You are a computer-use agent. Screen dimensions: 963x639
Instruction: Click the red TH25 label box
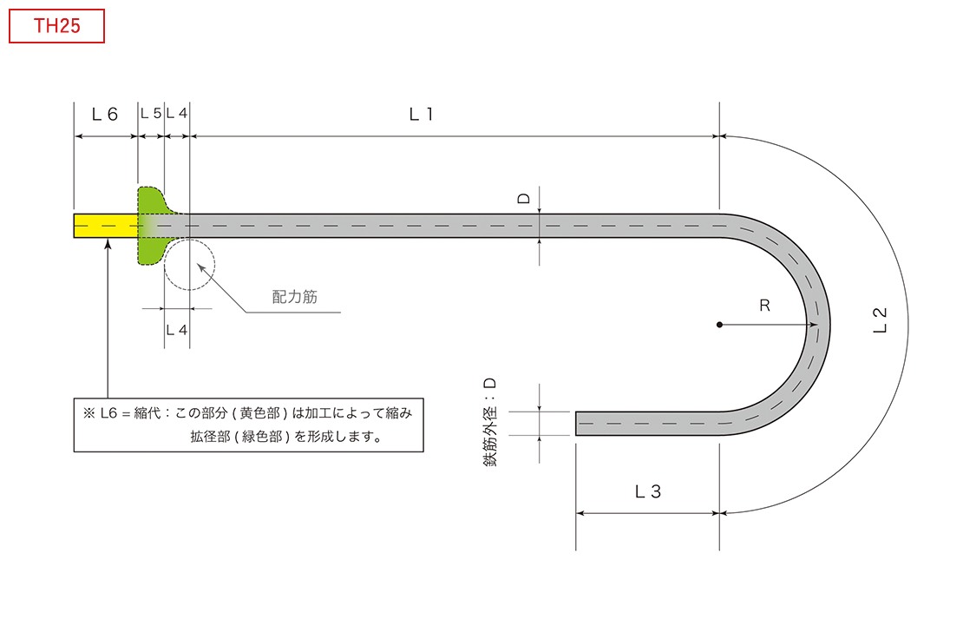(x=56, y=26)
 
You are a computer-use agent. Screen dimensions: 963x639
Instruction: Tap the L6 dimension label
(x=104, y=115)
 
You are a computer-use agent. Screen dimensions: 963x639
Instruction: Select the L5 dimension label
(x=151, y=113)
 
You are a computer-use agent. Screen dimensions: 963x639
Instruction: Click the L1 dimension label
(x=422, y=115)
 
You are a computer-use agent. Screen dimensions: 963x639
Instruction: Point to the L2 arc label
(x=880, y=320)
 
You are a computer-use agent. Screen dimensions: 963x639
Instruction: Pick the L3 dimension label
(x=648, y=491)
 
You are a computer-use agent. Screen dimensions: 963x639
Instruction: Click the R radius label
(x=764, y=306)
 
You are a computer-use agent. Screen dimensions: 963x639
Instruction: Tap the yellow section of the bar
(x=106, y=226)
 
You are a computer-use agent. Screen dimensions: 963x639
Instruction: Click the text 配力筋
(x=295, y=297)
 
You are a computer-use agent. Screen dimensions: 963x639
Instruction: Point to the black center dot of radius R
(x=719, y=325)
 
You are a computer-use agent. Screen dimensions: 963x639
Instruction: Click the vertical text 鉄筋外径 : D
(x=490, y=423)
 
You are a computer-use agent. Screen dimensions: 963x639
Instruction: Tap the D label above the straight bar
(x=524, y=198)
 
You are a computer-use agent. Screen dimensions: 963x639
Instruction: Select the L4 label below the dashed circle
(x=177, y=330)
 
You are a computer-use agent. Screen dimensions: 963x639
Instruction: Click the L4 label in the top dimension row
(x=177, y=113)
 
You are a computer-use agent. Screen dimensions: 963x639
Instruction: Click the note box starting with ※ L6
(x=249, y=425)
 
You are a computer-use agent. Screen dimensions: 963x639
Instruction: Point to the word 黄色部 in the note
(x=259, y=413)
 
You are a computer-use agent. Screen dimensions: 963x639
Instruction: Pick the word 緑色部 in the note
(x=262, y=437)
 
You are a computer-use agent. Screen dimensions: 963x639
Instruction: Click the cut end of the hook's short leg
(x=576, y=424)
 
